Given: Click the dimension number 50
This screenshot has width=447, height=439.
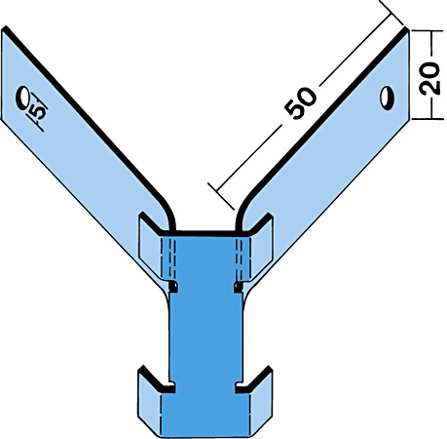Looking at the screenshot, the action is point(300,103).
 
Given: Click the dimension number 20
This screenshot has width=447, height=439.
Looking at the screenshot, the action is point(430,78).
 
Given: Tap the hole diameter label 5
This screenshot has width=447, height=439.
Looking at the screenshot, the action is point(38,110).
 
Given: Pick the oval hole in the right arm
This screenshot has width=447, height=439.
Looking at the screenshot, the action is point(387,98).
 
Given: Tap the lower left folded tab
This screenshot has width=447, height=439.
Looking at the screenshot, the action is point(149,400).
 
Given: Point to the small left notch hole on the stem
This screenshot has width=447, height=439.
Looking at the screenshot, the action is point(173,287).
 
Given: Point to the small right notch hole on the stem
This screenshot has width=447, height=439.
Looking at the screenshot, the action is point(239,287).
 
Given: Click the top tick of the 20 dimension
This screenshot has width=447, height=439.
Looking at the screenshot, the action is point(428,31).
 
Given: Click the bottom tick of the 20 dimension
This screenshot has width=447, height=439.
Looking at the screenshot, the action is point(428,119).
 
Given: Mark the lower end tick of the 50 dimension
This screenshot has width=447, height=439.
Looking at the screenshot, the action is point(221,196).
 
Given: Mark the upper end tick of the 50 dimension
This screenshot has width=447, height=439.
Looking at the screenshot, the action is point(391,13).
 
